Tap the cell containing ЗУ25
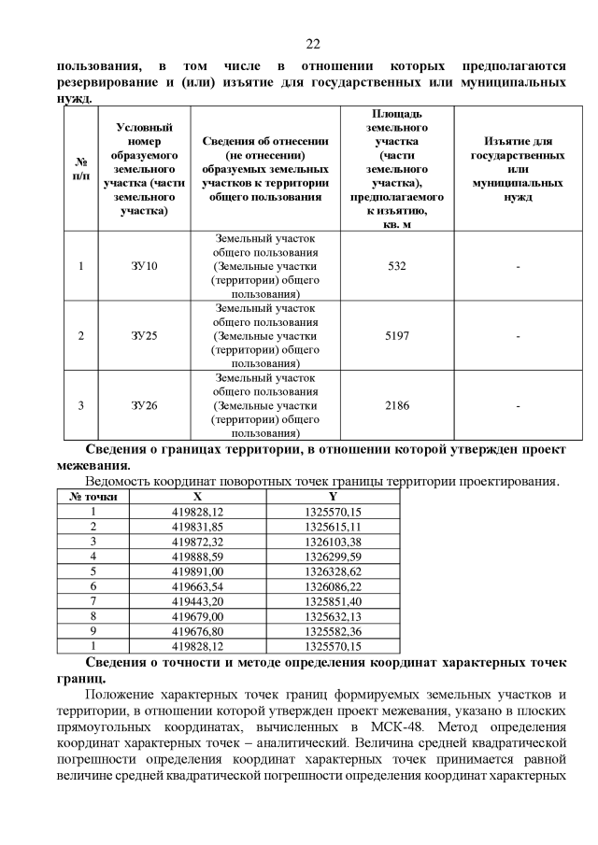[x=144, y=335]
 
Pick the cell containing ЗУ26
[x=144, y=404]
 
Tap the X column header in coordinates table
[x=197, y=497]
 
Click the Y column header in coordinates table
[x=333, y=497]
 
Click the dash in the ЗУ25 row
[x=517, y=335]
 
